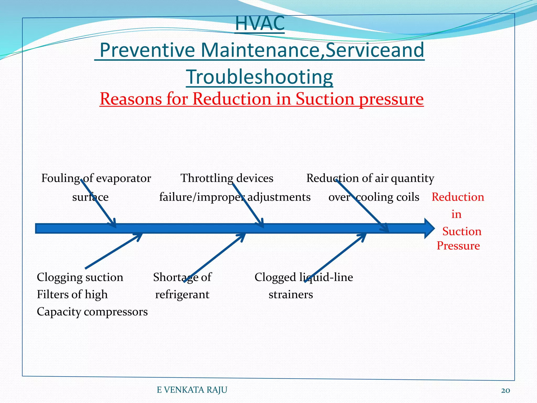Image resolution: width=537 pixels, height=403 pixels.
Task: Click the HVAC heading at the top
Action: (260, 24)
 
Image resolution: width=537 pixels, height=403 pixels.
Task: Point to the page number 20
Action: (505, 390)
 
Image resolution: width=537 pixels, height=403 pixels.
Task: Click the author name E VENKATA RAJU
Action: (192, 390)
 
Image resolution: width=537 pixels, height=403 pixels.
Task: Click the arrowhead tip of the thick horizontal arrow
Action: (433, 228)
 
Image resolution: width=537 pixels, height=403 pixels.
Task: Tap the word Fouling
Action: (61, 178)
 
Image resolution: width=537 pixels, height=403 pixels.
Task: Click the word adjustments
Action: (279, 197)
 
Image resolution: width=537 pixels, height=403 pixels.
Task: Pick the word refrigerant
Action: (182, 295)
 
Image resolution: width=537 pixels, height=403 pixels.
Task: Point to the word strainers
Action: (291, 295)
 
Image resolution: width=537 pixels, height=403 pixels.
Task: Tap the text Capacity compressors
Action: (92, 312)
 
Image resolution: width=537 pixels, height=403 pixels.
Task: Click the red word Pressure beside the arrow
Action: (458, 246)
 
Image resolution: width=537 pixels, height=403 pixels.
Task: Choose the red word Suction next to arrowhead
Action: (462, 231)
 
